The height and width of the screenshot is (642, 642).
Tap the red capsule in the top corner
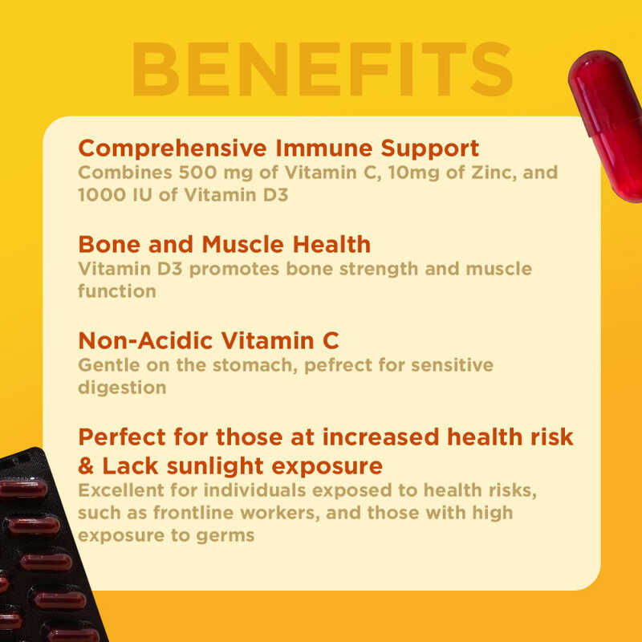pyautogui.click(x=608, y=124)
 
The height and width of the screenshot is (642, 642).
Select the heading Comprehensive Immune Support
pyautogui.click(x=278, y=148)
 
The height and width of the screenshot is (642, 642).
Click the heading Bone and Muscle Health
pyautogui.click(x=225, y=244)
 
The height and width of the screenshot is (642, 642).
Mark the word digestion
pyautogui.click(x=122, y=388)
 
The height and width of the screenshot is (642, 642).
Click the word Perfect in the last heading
pyautogui.click(x=122, y=438)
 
